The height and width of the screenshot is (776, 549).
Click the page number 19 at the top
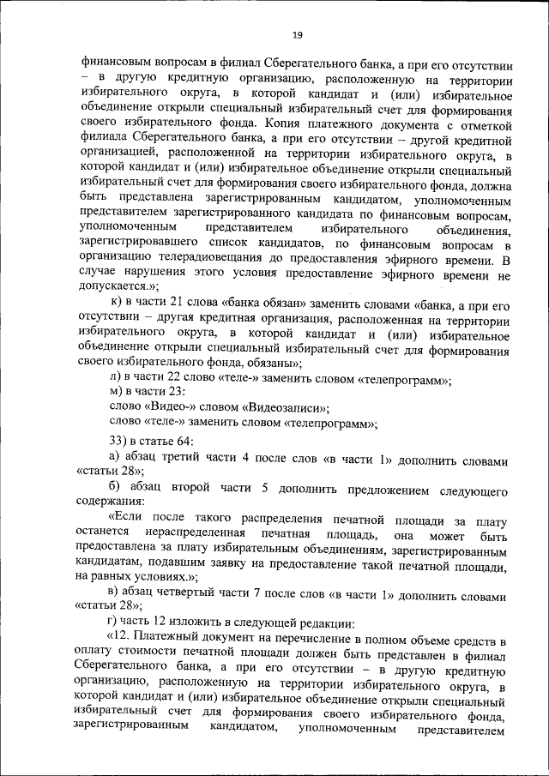tap(297, 34)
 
